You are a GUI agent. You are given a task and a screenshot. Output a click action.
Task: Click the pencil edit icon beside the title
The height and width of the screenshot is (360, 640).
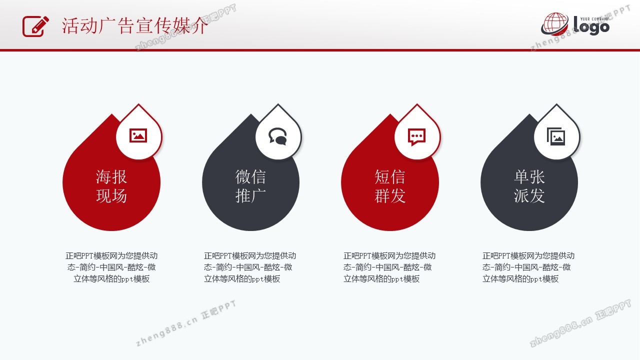click(x=35, y=26)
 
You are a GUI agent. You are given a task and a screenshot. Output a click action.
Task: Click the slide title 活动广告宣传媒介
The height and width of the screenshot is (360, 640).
click(x=135, y=25)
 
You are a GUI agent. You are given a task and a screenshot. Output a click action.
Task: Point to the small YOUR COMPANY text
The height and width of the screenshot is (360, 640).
click(x=594, y=19)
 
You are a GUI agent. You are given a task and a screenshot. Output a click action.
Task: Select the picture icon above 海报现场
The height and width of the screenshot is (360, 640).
click(x=138, y=135)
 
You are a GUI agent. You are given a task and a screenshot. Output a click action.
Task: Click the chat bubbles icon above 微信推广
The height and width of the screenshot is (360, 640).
click(x=277, y=136)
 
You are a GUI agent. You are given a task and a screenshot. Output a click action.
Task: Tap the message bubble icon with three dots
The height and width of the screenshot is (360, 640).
click(x=416, y=137)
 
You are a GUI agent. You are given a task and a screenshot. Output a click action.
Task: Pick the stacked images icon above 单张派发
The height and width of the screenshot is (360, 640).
click(x=556, y=136)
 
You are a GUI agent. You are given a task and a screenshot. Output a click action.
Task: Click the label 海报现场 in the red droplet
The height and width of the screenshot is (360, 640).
click(x=111, y=186)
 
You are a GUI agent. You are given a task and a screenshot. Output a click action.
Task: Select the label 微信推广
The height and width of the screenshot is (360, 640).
click(x=250, y=186)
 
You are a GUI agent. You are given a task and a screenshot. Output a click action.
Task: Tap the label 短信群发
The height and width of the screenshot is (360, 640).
click(x=389, y=186)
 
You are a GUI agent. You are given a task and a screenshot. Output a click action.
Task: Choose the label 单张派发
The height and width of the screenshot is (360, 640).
click(x=529, y=186)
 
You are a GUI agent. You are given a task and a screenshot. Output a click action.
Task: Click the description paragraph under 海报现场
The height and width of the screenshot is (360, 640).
click(x=111, y=267)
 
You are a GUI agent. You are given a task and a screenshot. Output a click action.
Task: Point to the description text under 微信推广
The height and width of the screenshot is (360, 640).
click(x=250, y=267)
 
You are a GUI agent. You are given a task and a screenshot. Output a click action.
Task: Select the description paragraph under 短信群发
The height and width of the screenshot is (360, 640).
click(x=389, y=267)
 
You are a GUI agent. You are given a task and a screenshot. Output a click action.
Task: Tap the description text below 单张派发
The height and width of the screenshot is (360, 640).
click(x=528, y=267)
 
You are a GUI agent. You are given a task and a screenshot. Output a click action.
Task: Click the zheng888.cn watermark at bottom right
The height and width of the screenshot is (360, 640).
click(x=580, y=323)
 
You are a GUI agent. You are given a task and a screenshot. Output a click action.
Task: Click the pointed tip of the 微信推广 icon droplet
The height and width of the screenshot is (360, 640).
click(x=278, y=104)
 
